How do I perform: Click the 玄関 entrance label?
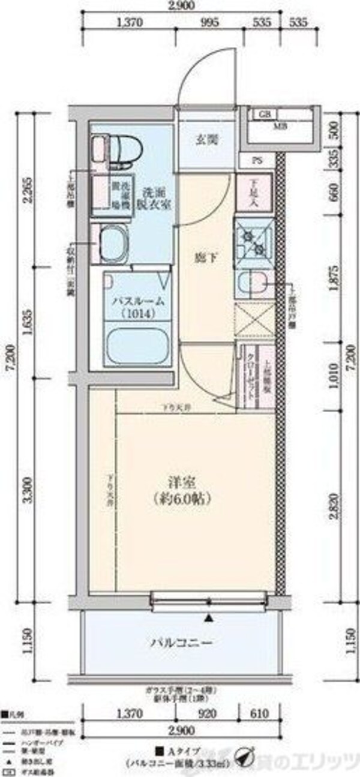tap(206, 140)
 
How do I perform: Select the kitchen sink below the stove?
tap(254, 282)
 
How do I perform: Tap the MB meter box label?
tap(280, 125)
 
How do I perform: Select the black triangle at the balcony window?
tap(209, 617)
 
